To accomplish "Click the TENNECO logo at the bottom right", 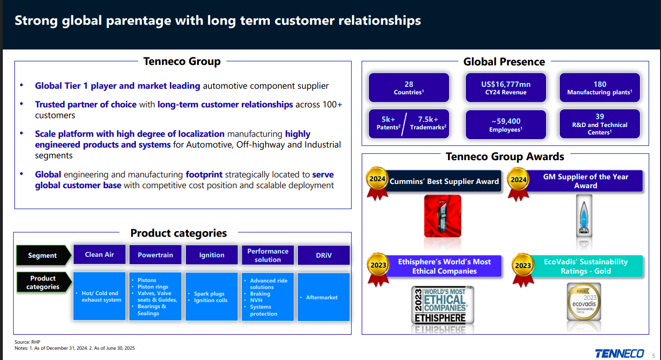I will [x=619, y=353].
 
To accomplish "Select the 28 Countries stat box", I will [x=409, y=88].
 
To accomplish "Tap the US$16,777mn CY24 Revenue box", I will [x=506, y=88].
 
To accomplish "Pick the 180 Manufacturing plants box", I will [x=599, y=88].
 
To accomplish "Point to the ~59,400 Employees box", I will [x=506, y=125].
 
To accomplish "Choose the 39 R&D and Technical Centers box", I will [x=599, y=124].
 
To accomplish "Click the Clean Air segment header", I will [x=99, y=254].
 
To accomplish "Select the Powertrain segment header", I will [x=155, y=255].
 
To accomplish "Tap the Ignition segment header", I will [x=211, y=255].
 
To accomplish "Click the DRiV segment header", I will [x=323, y=255].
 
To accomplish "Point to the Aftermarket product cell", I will [x=323, y=297].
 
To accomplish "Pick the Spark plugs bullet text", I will [x=209, y=294].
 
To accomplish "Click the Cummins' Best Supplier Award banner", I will [x=443, y=181].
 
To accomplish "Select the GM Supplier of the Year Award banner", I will [x=585, y=181].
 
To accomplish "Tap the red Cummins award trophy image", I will [x=443, y=216].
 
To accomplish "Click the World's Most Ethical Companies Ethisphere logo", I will [x=443, y=305].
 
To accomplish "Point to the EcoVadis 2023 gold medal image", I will [x=584, y=302].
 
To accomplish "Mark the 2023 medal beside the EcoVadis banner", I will [x=523, y=266].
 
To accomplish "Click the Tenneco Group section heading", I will [x=182, y=62].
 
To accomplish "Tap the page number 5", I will [x=653, y=355].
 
